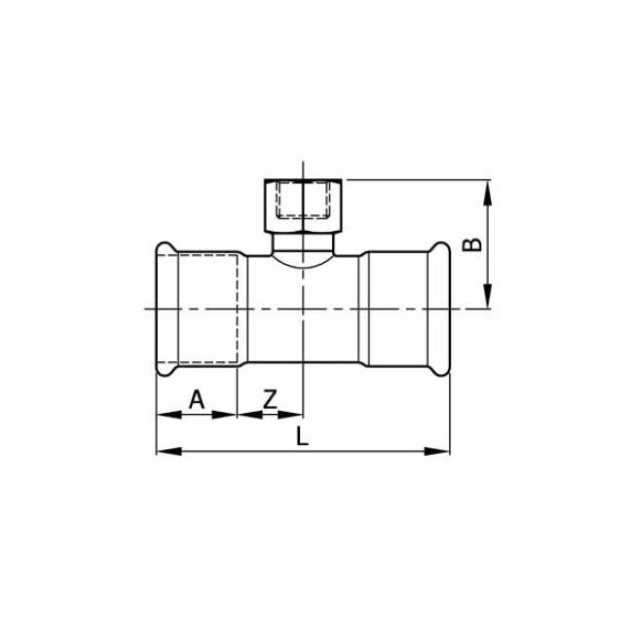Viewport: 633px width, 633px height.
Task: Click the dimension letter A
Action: click(x=196, y=398)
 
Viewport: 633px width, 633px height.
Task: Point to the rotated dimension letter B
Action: click(x=472, y=243)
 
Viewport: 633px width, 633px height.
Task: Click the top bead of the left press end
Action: click(x=164, y=247)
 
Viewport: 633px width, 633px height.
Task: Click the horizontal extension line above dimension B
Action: click(x=419, y=180)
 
